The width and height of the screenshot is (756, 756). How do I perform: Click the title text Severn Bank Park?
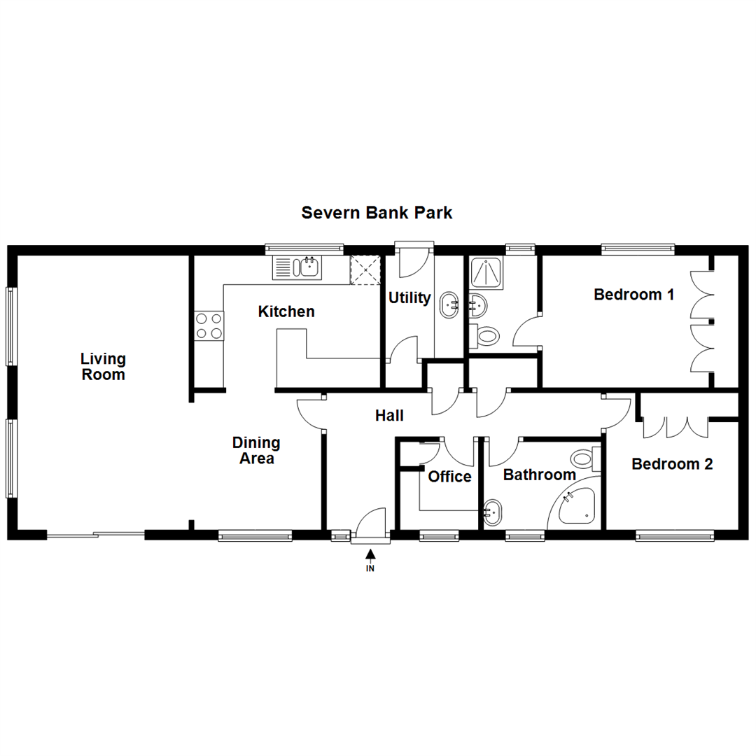pos(377,213)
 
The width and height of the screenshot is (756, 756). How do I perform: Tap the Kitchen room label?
pos(286,311)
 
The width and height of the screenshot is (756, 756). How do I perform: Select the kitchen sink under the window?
pos(297,267)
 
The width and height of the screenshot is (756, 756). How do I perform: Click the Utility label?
pos(409,297)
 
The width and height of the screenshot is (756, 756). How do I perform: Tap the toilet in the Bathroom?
pos(583,460)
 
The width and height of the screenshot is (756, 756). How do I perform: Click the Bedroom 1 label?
pos(633,295)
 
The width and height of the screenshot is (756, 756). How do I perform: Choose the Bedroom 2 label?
pos(672,463)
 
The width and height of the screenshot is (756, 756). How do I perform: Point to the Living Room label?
pos(103,367)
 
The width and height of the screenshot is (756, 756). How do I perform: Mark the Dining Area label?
pos(256,451)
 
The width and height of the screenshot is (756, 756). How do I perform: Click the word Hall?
pos(389,416)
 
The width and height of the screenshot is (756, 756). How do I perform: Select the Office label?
pos(449,477)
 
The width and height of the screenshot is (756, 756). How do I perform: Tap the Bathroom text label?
pos(540,475)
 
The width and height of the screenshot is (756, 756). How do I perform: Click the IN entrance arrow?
pos(370,559)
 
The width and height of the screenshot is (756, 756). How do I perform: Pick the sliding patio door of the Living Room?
pos(96,535)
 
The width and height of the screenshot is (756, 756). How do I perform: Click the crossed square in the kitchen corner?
pos(365,269)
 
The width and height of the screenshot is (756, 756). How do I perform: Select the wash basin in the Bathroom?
pos(492,513)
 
